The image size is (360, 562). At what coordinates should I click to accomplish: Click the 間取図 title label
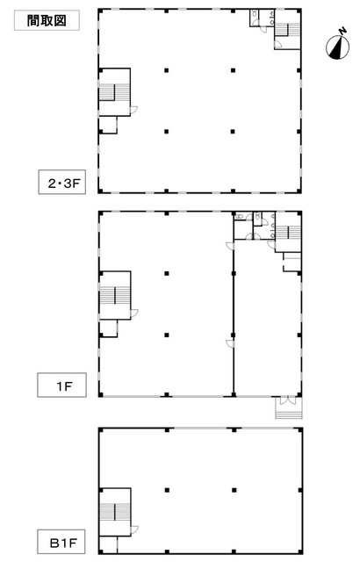(x=47, y=20)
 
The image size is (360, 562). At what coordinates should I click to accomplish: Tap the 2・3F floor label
(x=62, y=182)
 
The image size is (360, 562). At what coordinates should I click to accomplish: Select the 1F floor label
(x=62, y=385)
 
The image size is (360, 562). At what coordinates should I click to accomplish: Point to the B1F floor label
(x=62, y=542)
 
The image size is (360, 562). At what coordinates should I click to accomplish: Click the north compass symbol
(x=337, y=47)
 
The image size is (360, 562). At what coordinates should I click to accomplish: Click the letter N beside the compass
(x=343, y=32)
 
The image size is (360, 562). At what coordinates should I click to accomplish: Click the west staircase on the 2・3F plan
(x=115, y=92)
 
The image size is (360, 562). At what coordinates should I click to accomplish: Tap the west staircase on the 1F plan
(x=115, y=295)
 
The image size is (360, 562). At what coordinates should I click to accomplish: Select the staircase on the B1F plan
(x=115, y=512)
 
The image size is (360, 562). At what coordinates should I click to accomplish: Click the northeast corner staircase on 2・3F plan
(x=288, y=30)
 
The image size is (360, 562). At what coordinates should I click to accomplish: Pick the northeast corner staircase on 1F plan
(x=288, y=232)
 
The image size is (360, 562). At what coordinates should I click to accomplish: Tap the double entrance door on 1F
(x=288, y=400)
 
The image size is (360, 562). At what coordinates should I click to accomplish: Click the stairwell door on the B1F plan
(x=134, y=530)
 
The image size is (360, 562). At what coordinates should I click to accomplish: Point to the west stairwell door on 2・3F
(x=134, y=111)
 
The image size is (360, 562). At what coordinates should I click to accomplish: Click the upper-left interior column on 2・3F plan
(x=167, y=70)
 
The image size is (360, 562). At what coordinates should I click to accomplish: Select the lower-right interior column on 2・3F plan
(x=233, y=132)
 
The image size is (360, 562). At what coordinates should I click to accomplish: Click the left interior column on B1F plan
(x=167, y=490)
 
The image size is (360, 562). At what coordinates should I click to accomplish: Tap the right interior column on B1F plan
(x=234, y=490)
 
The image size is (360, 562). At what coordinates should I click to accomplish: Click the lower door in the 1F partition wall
(x=230, y=343)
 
